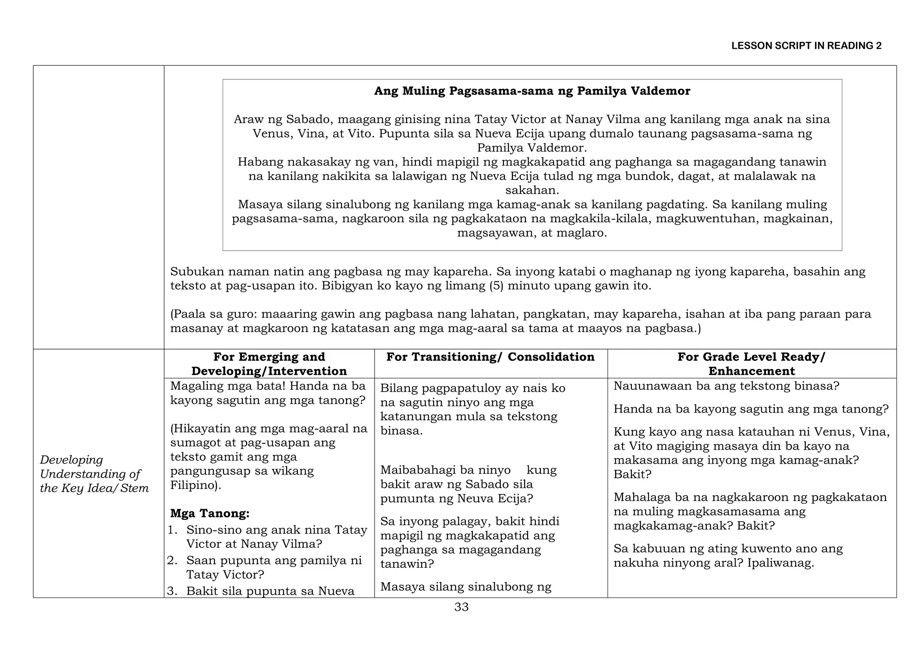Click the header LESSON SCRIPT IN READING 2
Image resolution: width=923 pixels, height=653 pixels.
806,46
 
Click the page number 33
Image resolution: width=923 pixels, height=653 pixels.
461,607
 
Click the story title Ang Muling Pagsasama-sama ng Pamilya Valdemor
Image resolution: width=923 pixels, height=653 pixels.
532,91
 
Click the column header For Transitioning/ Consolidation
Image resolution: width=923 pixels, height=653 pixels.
490,357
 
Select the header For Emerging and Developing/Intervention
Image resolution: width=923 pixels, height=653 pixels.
269,364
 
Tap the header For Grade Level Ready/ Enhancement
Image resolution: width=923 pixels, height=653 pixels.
751,364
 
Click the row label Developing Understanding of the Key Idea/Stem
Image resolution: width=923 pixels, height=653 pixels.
94,474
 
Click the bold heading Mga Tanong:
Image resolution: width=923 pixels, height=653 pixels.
210,513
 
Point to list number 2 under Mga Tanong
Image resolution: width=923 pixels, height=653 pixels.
172,561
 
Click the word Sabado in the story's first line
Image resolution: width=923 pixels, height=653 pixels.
309,120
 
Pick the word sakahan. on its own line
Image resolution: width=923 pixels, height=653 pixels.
532,190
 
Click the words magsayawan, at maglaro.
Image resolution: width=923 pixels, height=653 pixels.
532,233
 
